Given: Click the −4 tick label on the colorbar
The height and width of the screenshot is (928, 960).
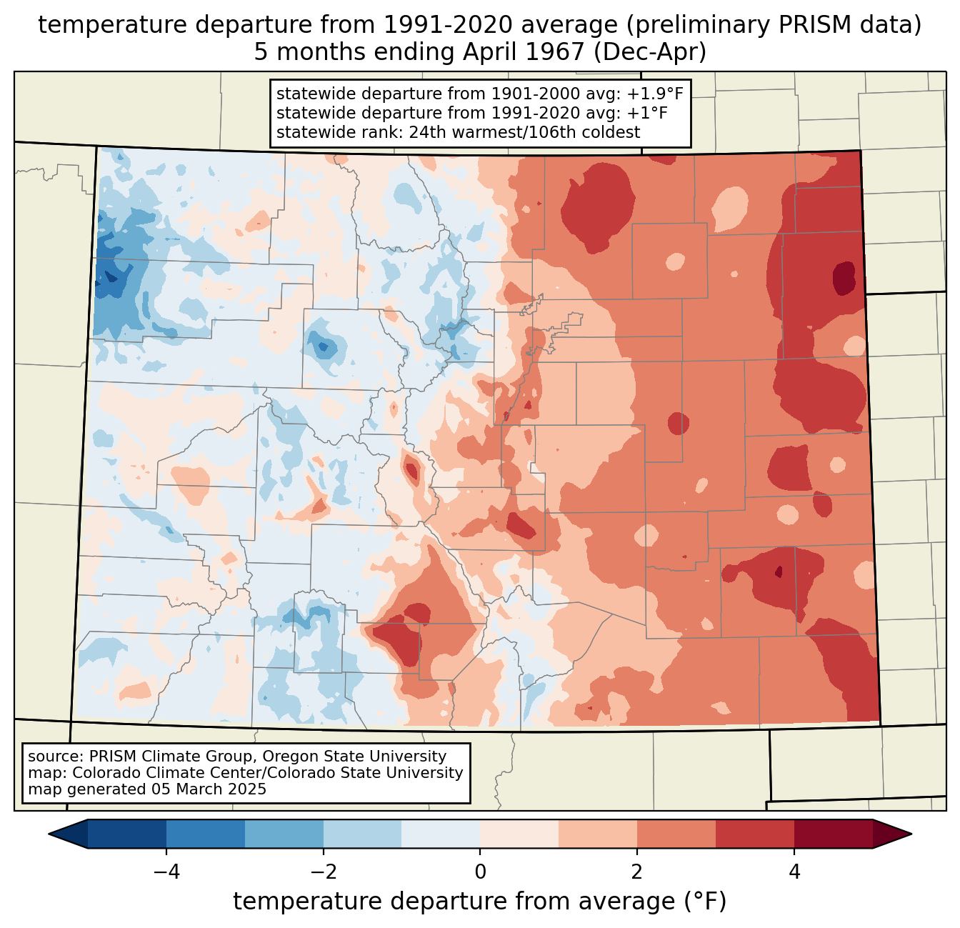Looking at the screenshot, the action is [166, 872].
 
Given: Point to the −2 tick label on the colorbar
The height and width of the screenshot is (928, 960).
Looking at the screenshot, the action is [324, 872].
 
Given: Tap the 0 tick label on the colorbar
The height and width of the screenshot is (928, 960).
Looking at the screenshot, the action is [480, 872].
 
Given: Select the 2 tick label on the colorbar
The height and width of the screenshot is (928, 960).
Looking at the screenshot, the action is [637, 872].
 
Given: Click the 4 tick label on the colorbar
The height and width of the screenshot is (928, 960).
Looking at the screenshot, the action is [794, 872].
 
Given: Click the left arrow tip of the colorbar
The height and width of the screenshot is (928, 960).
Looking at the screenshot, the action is [49, 834].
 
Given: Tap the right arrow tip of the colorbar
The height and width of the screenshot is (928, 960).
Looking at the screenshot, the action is [911, 834].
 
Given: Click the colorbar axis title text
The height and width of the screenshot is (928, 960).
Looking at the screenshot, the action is [479, 902].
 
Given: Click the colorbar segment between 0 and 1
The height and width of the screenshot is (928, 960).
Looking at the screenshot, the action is [519, 834].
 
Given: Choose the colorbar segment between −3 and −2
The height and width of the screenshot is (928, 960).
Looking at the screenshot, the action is [284, 834].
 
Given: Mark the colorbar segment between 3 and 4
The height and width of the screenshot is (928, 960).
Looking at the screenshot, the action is [755, 834].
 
